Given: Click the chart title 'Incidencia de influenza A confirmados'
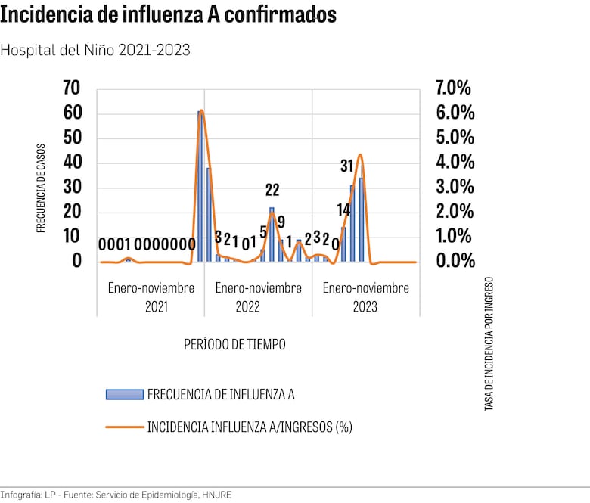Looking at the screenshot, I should [169, 15].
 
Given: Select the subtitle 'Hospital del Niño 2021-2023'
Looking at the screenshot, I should [95, 50].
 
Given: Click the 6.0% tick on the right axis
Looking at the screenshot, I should [455, 113].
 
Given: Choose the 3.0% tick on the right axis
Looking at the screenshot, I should [455, 187].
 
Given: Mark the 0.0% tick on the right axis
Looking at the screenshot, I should [455, 261].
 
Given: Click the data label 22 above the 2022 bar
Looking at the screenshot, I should [272, 191].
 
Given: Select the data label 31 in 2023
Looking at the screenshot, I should [347, 166].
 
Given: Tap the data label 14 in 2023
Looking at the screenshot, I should [343, 210].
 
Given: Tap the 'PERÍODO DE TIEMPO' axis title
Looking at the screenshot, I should [234, 344].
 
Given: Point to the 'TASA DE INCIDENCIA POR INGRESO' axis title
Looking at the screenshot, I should [489, 343].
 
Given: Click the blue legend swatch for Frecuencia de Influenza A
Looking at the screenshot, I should [125, 394].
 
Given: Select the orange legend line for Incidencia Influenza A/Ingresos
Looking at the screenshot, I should [125, 427].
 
